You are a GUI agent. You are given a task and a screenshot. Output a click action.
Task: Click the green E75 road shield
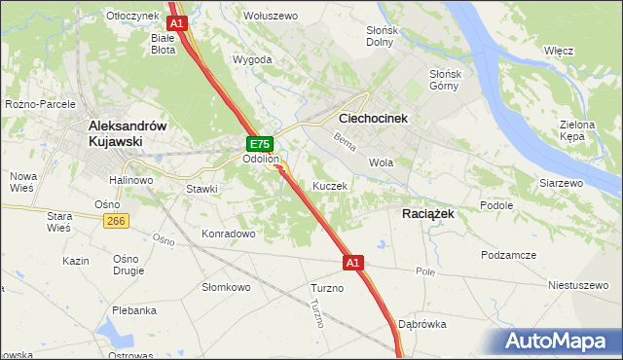tap(258, 143)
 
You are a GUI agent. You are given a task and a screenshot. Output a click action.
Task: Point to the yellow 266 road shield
tap(116, 222)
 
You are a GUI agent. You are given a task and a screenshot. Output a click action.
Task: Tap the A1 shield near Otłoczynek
tap(176, 21)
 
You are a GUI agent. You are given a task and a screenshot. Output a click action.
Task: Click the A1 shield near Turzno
tap(352, 263)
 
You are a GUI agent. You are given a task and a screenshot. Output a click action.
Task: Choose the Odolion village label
tap(261, 159)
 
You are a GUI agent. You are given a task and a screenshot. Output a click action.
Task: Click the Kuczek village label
tap(330, 185)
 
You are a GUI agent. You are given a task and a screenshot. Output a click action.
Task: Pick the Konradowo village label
tap(228, 234)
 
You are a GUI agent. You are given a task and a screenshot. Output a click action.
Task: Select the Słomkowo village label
tap(226, 287)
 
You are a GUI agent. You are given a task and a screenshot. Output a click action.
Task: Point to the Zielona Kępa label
tap(577, 131)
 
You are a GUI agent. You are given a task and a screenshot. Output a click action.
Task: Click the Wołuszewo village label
tap(270, 16)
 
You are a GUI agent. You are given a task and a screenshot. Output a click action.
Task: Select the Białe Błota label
tap(164, 43)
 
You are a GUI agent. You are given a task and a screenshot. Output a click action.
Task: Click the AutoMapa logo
tap(561, 342)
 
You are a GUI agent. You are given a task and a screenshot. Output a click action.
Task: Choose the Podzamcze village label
tap(508, 254)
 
